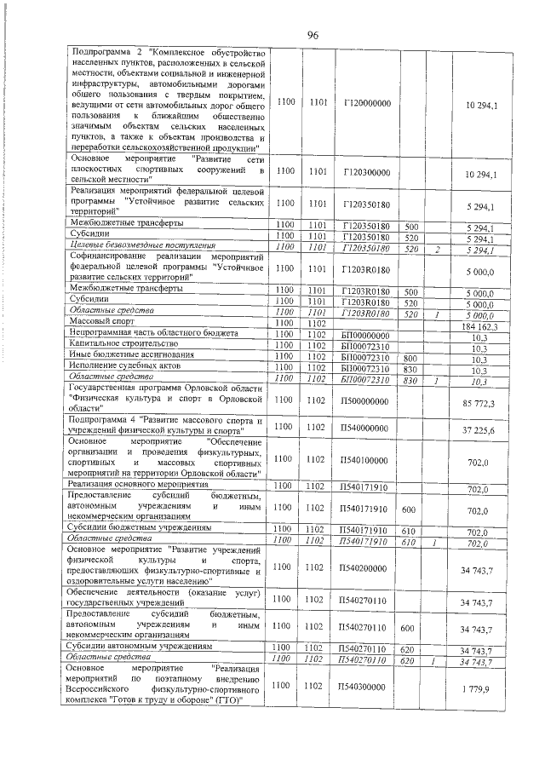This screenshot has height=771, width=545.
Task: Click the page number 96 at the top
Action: [x=312, y=34]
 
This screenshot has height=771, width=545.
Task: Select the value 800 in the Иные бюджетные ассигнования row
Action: [x=410, y=357]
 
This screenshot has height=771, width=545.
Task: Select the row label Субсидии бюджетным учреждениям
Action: [x=139, y=529]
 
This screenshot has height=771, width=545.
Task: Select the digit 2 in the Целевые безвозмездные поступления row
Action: [x=435, y=249]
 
